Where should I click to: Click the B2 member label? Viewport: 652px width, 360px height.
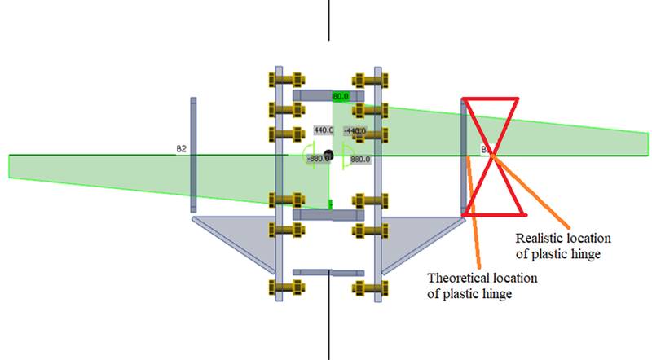point(182,149)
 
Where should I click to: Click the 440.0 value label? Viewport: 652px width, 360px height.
point(324,130)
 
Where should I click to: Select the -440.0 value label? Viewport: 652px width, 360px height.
point(355,130)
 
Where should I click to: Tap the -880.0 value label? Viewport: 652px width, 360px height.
point(317,158)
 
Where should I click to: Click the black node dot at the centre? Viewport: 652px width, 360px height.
point(328,153)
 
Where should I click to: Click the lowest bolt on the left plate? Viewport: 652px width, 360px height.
point(277,288)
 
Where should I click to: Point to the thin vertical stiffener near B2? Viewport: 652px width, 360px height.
point(194,155)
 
